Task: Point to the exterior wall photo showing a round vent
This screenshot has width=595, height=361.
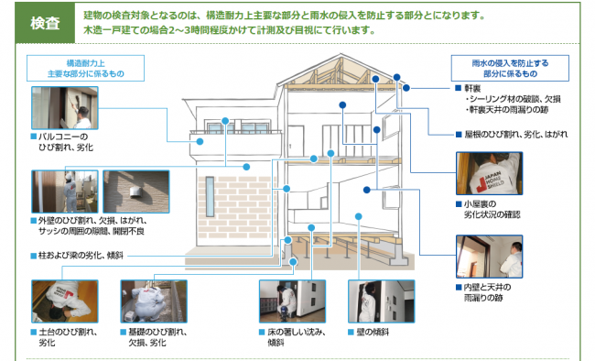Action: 135,191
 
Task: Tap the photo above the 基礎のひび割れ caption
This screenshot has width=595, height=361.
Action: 153,301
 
